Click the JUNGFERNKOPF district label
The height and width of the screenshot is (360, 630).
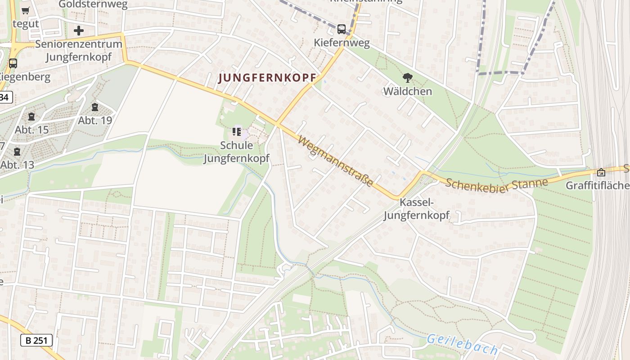(x=267, y=78)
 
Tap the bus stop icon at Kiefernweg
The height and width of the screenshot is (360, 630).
(x=342, y=29)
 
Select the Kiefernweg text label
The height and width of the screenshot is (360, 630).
(x=342, y=43)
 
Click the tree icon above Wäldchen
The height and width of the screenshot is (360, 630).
(x=408, y=78)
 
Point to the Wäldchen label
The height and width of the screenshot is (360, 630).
(x=408, y=91)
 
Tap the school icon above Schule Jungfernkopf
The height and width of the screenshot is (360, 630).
(x=237, y=132)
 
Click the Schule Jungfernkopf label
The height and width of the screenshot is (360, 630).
(x=237, y=152)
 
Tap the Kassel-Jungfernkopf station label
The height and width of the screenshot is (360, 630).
(x=416, y=209)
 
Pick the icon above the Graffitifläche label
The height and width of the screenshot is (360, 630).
(x=601, y=172)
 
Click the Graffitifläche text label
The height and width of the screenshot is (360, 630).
(x=597, y=185)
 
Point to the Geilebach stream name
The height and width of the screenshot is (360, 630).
(x=462, y=345)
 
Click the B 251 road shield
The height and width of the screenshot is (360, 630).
(x=36, y=340)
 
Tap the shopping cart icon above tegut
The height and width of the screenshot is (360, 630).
(x=26, y=11)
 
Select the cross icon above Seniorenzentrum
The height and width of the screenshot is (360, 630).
(x=79, y=31)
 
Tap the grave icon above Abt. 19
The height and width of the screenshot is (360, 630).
(x=95, y=107)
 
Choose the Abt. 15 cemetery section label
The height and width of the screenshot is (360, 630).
(x=31, y=130)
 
